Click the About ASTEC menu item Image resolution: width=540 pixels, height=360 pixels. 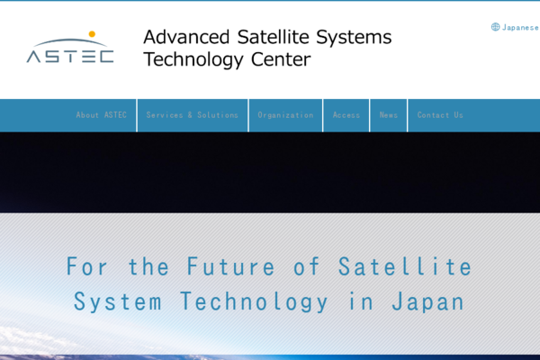[x=101, y=115]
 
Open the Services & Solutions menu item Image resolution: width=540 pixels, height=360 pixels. [x=193, y=115]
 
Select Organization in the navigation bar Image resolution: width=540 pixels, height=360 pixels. [x=285, y=115]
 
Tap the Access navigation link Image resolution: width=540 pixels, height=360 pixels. [x=346, y=115]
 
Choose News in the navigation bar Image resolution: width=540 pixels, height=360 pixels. [x=388, y=115]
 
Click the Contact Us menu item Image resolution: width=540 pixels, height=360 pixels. [x=440, y=115]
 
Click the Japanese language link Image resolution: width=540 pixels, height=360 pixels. [x=520, y=27]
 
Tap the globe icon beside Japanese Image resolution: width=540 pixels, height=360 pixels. [x=495, y=27]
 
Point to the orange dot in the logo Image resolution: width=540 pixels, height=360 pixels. [x=92, y=34]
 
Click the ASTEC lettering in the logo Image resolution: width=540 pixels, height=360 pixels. [x=70, y=57]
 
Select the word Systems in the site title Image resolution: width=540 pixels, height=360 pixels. [x=358, y=38]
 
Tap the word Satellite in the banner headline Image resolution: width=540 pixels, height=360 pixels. [x=405, y=266]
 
